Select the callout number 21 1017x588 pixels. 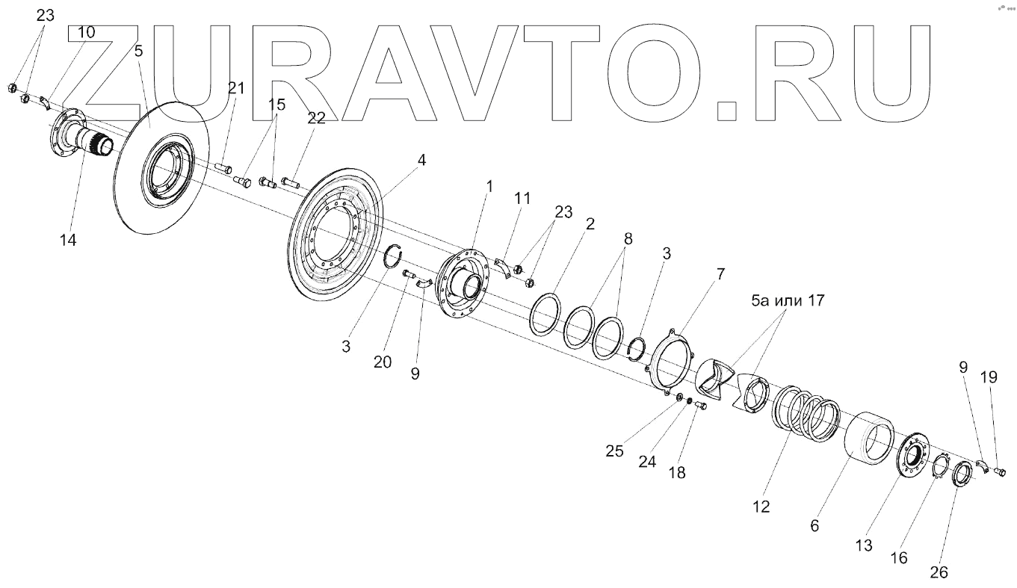(236, 88)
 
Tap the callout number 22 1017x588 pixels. (315, 118)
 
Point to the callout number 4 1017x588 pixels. (422, 160)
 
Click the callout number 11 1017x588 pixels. (522, 198)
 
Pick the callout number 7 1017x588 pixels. (720, 273)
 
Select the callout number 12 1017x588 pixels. (761, 506)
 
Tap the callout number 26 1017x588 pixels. (939, 573)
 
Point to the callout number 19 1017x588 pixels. (989, 378)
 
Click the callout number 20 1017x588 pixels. (383, 361)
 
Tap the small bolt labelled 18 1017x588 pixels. (701, 406)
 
